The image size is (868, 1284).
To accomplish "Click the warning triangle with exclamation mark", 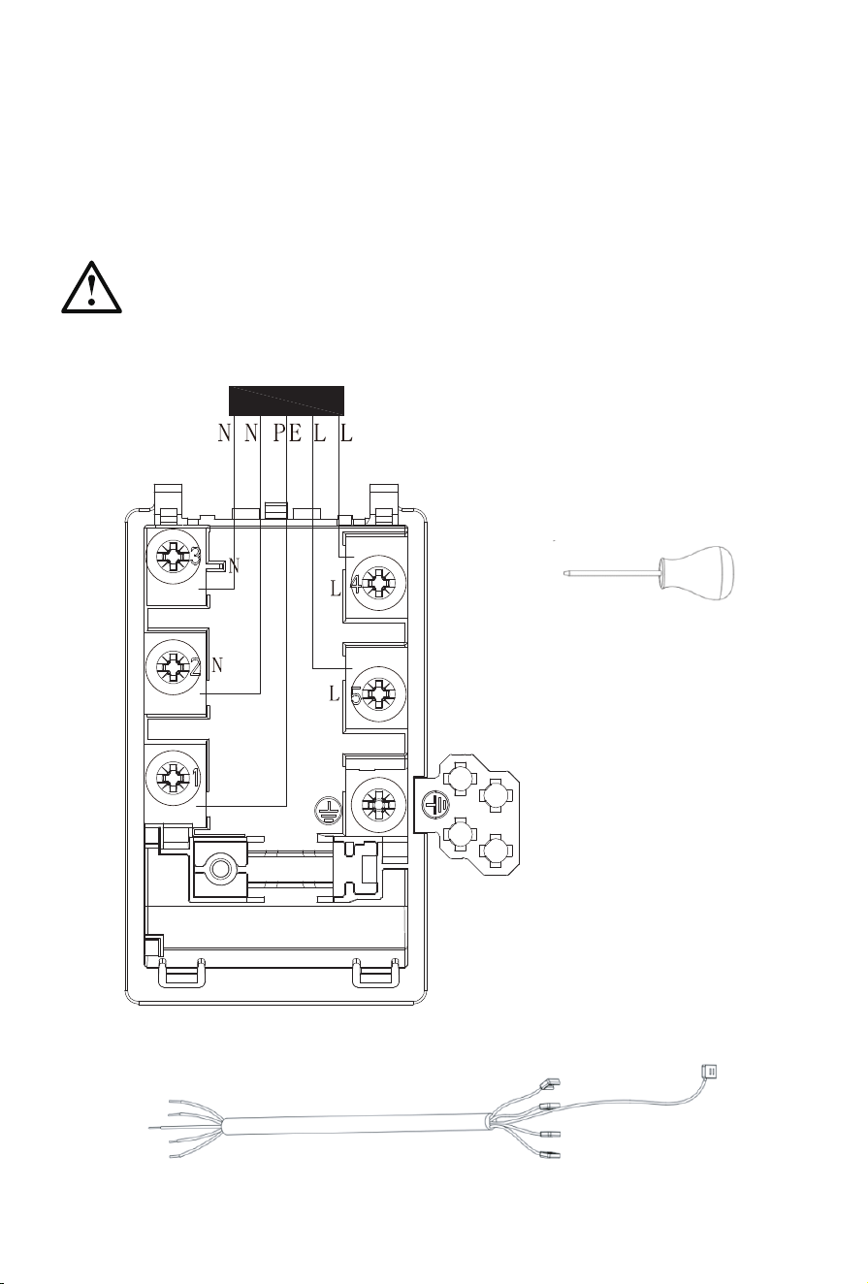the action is [91, 288].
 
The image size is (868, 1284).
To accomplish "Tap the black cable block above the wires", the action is [286, 401].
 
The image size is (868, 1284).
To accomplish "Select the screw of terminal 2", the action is [172, 665].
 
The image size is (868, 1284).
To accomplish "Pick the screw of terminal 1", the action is [172, 777].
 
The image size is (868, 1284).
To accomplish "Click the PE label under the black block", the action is [287, 433].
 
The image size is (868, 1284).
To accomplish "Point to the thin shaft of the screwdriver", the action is [612, 572].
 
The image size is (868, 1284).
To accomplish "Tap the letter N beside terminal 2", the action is [217, 665].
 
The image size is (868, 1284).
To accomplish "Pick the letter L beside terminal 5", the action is [335, 694].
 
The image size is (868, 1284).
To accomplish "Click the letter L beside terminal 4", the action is [336, 589].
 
